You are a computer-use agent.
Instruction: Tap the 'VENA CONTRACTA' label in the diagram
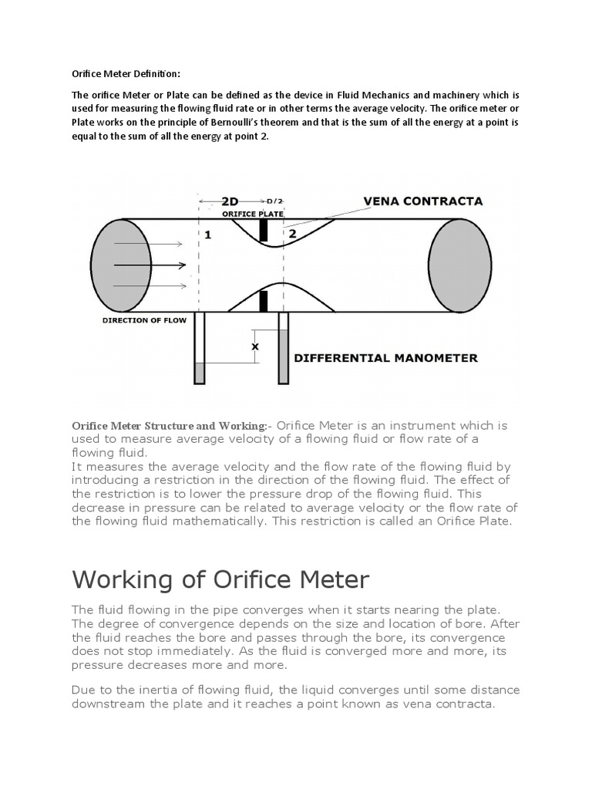coord(422,201)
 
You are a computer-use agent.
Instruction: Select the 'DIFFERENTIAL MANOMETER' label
coord(386,358)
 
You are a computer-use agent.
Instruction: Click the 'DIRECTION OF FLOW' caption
coord(144,320)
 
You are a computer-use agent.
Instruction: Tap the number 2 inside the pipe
coord(292,233)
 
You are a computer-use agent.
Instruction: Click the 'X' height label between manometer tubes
coord(255,347)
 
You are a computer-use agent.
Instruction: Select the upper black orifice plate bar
coord(263,229)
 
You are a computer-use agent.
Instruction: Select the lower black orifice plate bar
coord(263,301)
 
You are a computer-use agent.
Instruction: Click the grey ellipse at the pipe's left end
coord(121,265)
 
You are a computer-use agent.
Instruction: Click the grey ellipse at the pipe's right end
coord(459,265)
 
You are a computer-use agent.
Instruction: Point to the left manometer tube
coord(200,348)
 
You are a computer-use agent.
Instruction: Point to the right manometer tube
coord(283,348)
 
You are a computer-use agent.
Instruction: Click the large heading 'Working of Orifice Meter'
coord(220,579)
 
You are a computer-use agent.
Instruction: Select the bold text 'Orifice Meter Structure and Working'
coord(169,426)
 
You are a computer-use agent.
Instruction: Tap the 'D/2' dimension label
coord(274,202)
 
